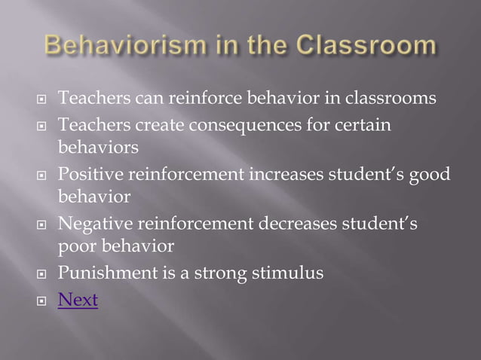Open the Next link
78,300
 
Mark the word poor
75,246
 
